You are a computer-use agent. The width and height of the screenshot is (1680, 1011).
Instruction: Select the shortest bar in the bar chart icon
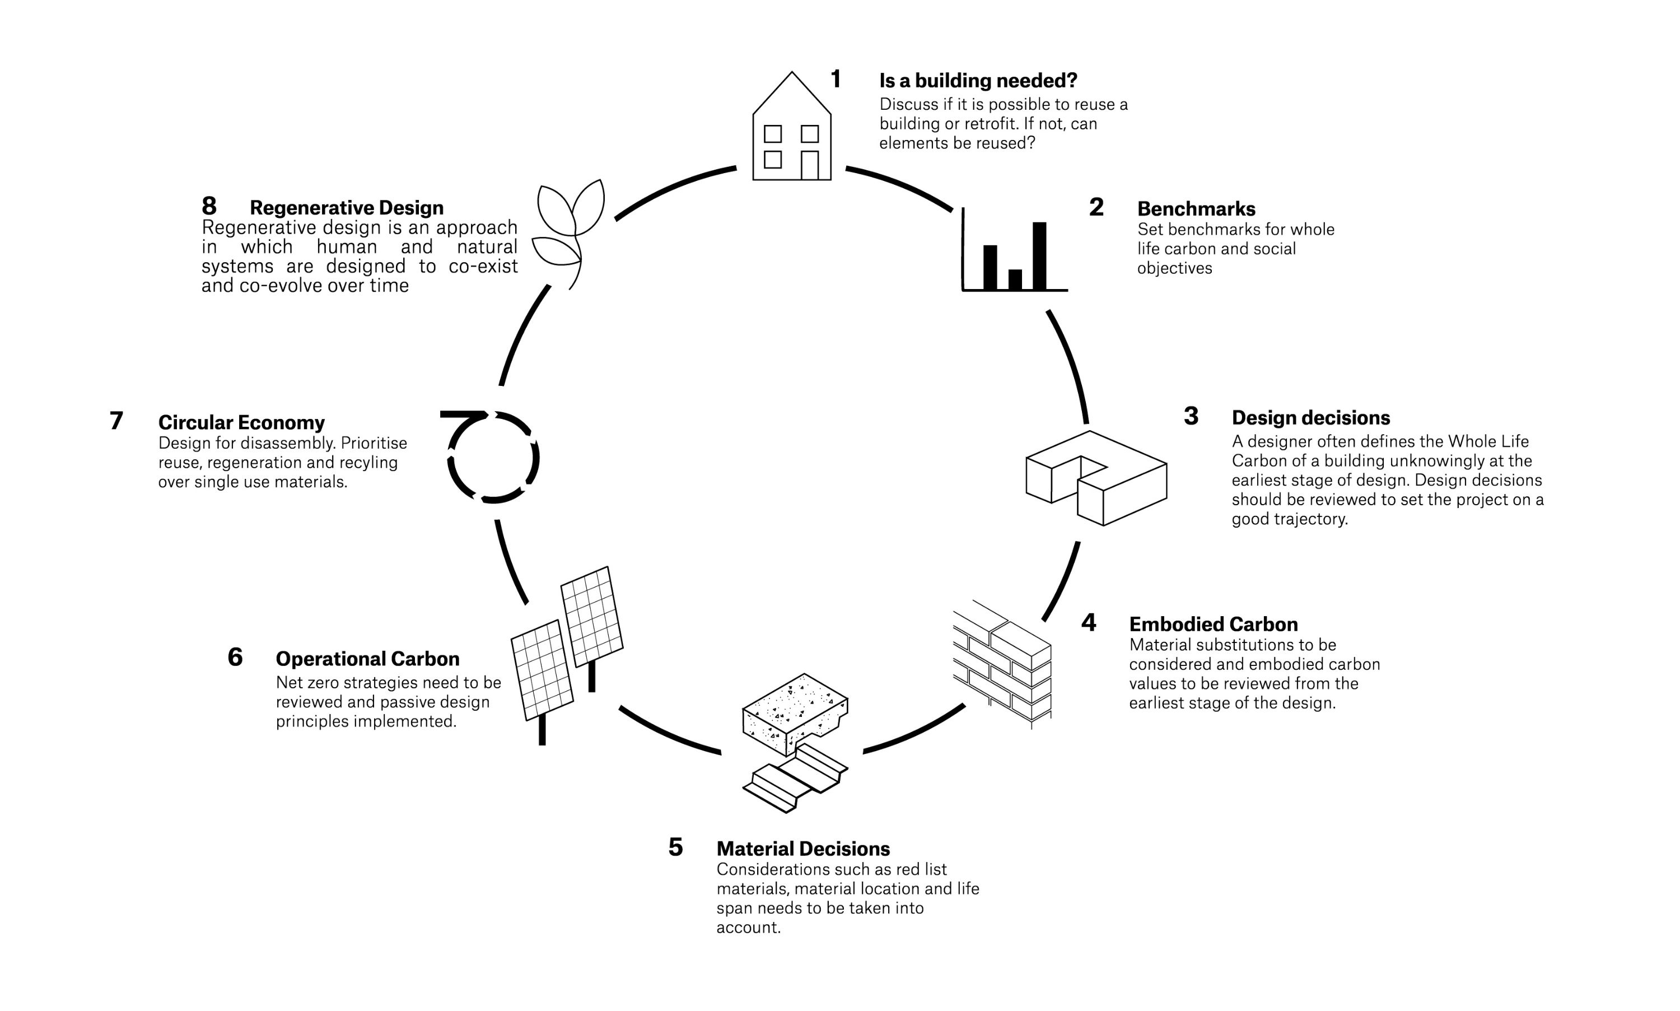pyautogui.click(x=1015, y=279)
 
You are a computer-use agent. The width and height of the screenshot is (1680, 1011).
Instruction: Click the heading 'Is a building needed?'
pyautogui.click(x=978, y=81)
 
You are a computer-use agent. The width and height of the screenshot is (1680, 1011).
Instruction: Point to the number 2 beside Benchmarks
pyautogui.click(x=1096, y=207)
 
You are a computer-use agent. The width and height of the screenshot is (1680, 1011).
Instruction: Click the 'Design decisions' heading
pyautogui.click(x=1310, y=418)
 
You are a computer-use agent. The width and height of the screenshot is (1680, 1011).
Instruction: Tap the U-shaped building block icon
pyautogui.click(x=1096, y=477)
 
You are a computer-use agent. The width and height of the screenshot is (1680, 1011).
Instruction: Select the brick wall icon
pyautogui.click(x=1002, y=664)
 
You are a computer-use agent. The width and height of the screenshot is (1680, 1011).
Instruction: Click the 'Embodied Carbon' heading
pyautogui.click(x=1213, y=624)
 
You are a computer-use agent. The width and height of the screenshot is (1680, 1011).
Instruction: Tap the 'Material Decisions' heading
pyautogui.click(x=803, y=849)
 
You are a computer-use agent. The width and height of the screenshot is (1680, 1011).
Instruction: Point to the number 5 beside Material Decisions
pyautogui.click(x=675, y=847)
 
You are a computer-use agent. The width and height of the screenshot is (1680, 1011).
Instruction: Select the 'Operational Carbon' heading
pyautogui.click(x=367, y=659)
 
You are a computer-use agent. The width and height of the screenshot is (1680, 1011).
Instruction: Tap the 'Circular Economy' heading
pyautogui.click(x=241, y=422)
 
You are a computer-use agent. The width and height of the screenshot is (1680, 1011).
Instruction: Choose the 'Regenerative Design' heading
pyautogui.click(x=346, y=207)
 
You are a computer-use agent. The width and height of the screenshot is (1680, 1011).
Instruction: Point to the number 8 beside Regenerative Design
pyautogui.click(x=209, y=206)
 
